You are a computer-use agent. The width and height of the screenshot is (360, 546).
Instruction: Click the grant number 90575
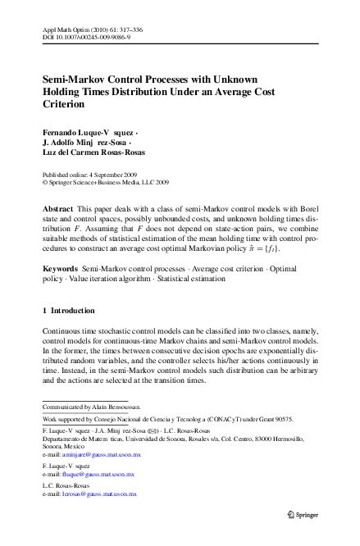pos(303,417)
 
